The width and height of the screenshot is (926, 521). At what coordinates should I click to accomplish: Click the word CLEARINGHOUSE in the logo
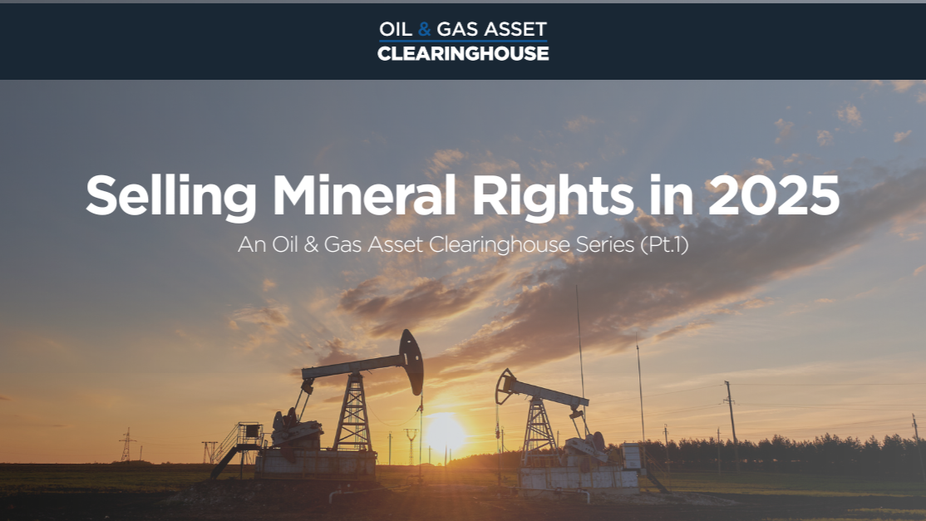point(463,54)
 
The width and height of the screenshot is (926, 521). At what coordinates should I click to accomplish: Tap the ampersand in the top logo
point(425,29)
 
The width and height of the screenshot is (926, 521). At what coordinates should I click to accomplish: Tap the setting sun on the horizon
point(445,431)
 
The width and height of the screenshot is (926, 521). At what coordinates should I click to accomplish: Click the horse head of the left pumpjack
point(411,361)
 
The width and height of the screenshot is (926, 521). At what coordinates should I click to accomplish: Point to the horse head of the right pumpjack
point(504,386)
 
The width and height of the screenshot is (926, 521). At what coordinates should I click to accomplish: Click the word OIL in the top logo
point(395,29)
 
